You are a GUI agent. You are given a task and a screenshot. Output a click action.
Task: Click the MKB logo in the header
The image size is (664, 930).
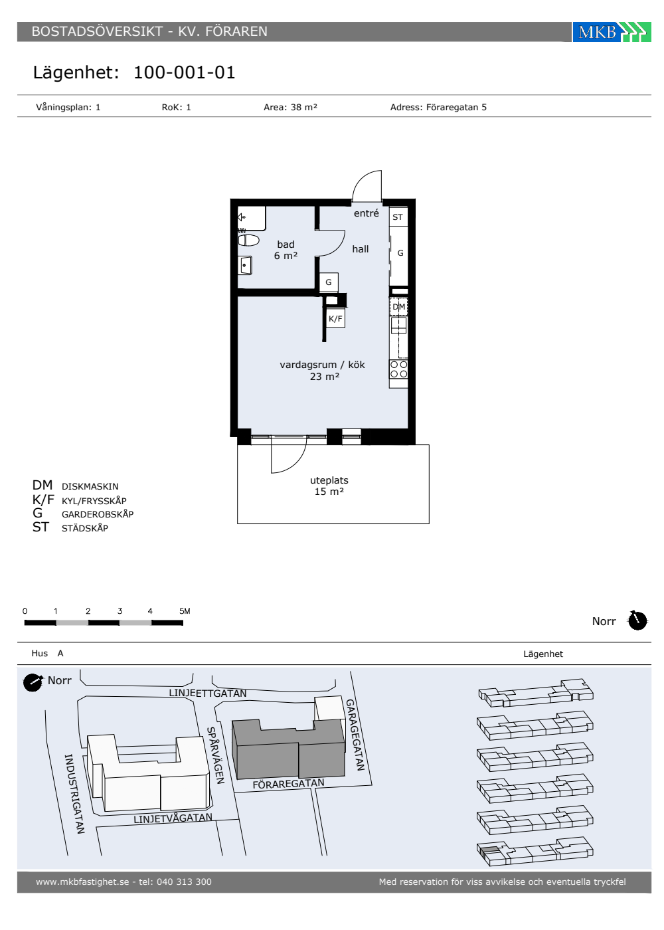[612, 32]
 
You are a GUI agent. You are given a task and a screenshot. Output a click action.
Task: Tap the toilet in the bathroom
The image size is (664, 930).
[248, 240]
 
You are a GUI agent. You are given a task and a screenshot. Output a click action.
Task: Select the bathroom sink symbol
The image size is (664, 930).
[245, 265]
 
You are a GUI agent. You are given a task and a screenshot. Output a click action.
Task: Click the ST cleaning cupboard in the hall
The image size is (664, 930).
[398, 217]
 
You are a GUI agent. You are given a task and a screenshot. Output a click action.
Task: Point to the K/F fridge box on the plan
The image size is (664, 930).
[335, 318]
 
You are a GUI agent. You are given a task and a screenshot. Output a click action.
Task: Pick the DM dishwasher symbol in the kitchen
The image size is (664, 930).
[398, 307]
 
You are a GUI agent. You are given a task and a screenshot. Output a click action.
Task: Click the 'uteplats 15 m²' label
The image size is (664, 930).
[329, 486]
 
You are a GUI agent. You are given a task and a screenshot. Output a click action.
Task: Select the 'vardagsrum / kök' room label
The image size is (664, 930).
[322, 365]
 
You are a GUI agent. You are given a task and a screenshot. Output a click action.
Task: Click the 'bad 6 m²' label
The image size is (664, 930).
[286, 250]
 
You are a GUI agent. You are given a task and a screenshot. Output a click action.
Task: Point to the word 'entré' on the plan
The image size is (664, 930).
[366, 213]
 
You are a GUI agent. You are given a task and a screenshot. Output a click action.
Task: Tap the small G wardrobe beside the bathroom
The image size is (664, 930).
[328, 282]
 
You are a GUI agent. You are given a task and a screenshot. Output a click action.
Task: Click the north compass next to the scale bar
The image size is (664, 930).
[637, 621]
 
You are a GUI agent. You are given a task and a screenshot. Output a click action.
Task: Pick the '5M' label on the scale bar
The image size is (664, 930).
[185, 611]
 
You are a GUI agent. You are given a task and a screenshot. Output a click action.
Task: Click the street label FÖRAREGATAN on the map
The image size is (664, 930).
[288, 784]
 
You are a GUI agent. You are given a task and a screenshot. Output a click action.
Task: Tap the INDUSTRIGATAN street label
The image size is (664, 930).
[74, 794]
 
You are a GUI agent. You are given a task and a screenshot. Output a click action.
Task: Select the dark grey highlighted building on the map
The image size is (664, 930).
[288, 749]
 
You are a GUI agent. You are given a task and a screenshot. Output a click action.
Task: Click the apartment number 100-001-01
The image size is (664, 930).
[185, 72]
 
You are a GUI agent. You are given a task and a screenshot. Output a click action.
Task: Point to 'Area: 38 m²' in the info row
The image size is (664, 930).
[291, 107]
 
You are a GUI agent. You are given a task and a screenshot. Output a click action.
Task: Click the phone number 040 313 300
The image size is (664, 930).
[184, 882]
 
